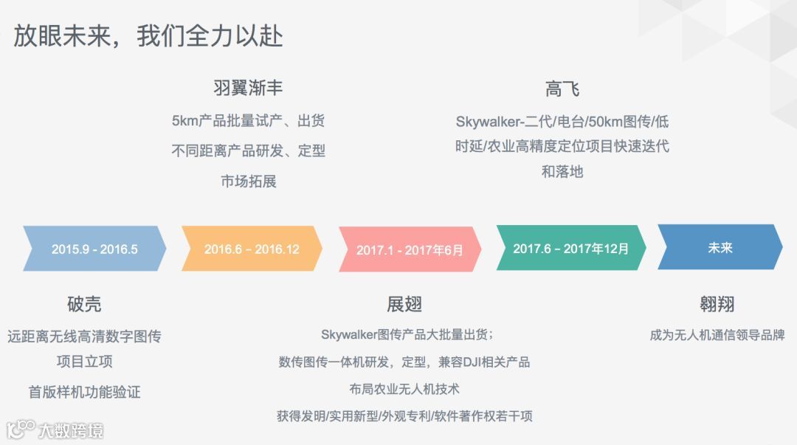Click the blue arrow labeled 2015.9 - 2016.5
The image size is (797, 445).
point(94,249)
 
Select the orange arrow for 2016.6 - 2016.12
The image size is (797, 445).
point(252,249)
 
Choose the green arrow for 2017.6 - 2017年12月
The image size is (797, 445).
point(570,248)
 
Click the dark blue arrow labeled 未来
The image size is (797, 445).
point(720,248)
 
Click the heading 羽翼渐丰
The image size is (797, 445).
point(248,89)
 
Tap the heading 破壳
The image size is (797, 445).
point(84,304)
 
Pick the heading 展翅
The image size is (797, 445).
point(404,304)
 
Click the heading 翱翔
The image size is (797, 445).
point(717,304)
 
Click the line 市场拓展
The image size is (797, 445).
point(248,181)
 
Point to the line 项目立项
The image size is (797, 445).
point(84,362)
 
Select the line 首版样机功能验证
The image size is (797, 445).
point(84,392)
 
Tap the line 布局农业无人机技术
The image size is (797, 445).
point(404,388)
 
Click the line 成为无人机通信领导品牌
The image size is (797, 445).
point(717,335)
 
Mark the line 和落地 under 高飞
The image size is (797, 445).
point(562,171)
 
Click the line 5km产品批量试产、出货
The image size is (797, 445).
point(248,120)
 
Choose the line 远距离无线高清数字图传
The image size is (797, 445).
point(84,337)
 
